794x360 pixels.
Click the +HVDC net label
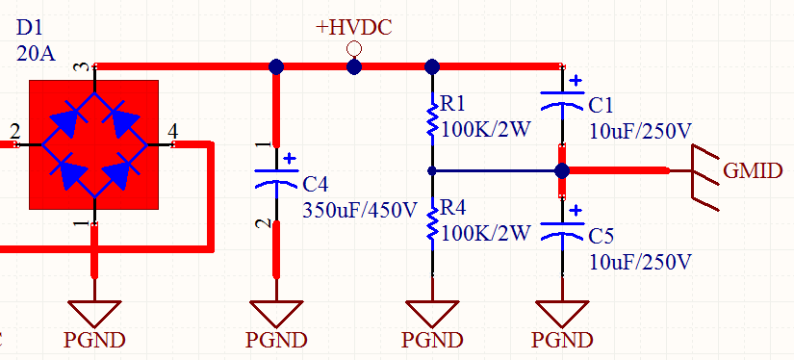click(x=354, y=27)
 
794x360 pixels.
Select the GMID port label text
click(x=753, y=171)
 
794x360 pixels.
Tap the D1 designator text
click(x=30, y=28)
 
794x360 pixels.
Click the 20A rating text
click(x=36, y=53)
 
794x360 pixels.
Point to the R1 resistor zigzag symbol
click(x=432, y=119)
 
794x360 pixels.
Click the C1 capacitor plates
click(x=562, y=100)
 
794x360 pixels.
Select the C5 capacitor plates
click(x=562, y=230)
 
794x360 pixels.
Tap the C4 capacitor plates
click(x=276, y=178)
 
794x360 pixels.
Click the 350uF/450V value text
click(x=360, y=209)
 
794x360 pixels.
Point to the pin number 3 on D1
click(x=83, y=66)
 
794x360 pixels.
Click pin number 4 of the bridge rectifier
click(x=172, y=132)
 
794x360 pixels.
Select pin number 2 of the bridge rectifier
click(x=14, y=132)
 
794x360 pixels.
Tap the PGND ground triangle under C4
click(x=276, y=313)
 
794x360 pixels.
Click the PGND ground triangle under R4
click(x=432, y=313)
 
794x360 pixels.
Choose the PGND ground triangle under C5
click(x=562, y=313)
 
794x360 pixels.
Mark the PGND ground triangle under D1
click(x=94, y=313)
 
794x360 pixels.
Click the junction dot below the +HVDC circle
click(x=354, y=66)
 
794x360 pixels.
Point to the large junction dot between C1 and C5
click(x=561, y=171)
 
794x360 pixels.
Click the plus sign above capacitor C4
click(x=290, y=159)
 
